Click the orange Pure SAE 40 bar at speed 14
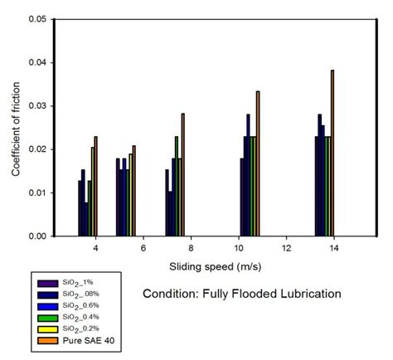[332, 153]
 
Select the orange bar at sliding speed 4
[96, 186]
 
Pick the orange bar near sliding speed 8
[182, 174]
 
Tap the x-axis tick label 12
[286, 248]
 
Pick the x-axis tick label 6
[143, 248]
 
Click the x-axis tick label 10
[239, 248]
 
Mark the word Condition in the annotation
[169, 294]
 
